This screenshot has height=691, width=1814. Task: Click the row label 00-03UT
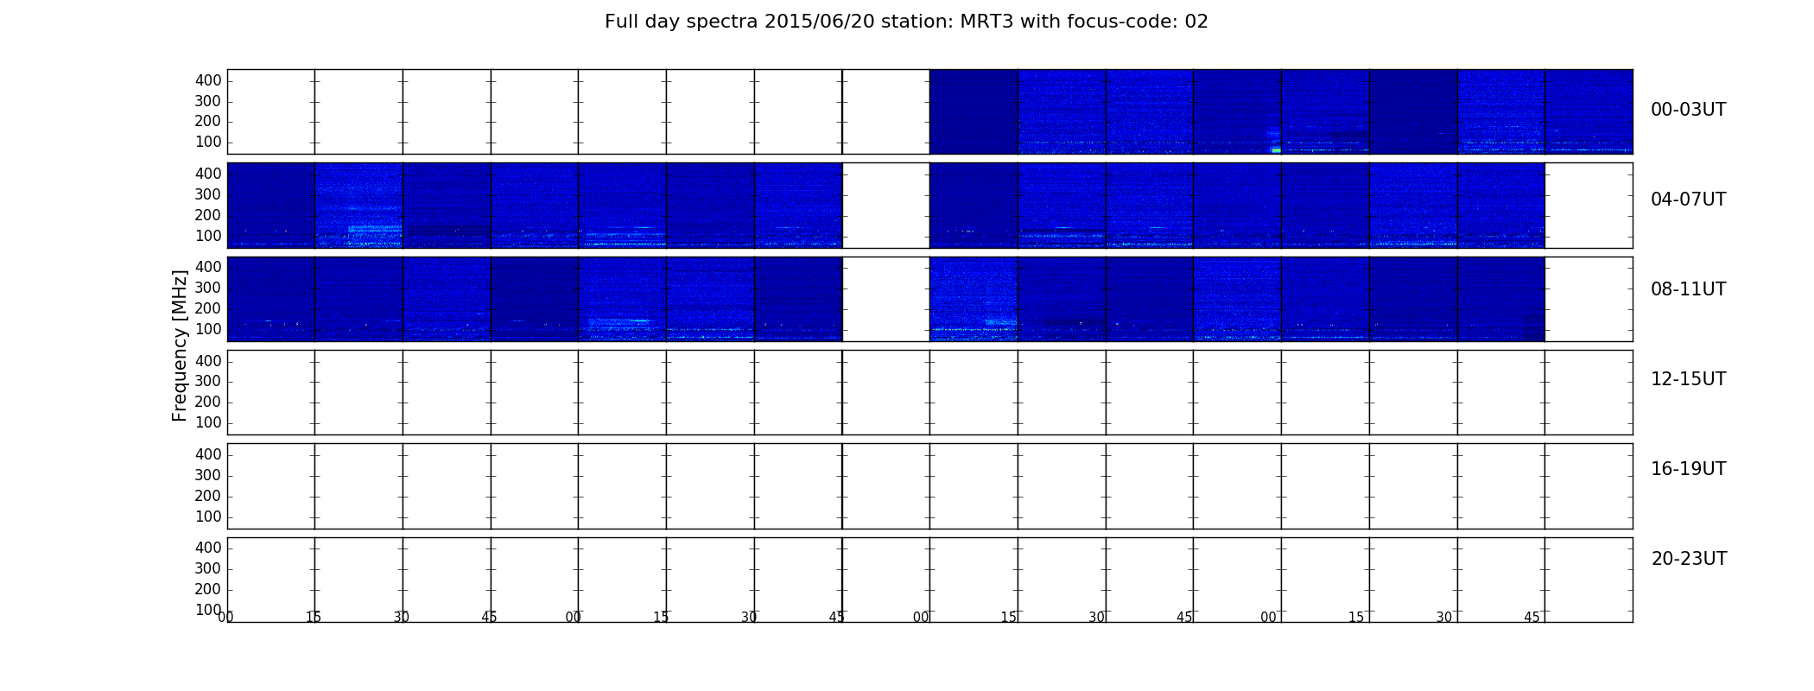pyautogui.click(x=1688, y=110)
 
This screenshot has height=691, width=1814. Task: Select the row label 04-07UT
pyautogui.click(x=1688, y=200)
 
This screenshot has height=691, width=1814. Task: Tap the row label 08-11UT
pyautogui.click(x=1688, y=289)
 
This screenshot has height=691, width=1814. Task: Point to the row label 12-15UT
pyautogui.click(x=1688, y=379)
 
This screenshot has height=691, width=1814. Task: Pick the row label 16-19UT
pyautogui.click(x=1688, y=469)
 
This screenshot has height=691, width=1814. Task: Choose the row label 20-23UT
pyautogui.click(x=1689, y=559)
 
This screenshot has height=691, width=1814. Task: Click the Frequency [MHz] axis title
pyautogui.click(x=180, y=345)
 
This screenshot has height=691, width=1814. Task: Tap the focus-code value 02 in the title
pyautogui.click(x=1196, y=22)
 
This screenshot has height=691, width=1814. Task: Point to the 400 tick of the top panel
pyautogui.click(x=208, y=80)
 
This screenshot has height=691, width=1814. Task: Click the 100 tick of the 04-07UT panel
pyautogui.click(x=208, y=236)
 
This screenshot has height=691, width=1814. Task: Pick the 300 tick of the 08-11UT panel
pyautogui.click(x=208, y=288)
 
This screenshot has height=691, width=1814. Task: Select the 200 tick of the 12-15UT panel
pyautogui.click(x=208, y=402)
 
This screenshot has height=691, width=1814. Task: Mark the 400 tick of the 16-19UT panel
pyautogui.click(x=208, y=454)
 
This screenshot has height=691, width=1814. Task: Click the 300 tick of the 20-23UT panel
pyautogui.click(x=208, y=568)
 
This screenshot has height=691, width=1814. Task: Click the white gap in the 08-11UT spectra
pyautogui.click(x=885, y=299)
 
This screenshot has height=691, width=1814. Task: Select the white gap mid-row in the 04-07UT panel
pyautogui.click(x=885, y=206)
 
